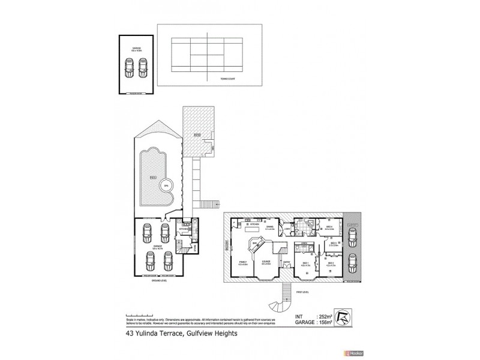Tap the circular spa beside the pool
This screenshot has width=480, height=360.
[x=167, y=185]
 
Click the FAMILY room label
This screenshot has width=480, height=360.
[x=243, y=262]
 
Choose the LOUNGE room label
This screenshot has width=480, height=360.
[x=266, y=262]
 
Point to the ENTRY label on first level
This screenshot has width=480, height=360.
[x=286, y=262]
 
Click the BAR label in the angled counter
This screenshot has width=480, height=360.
[x=255, y=243]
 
